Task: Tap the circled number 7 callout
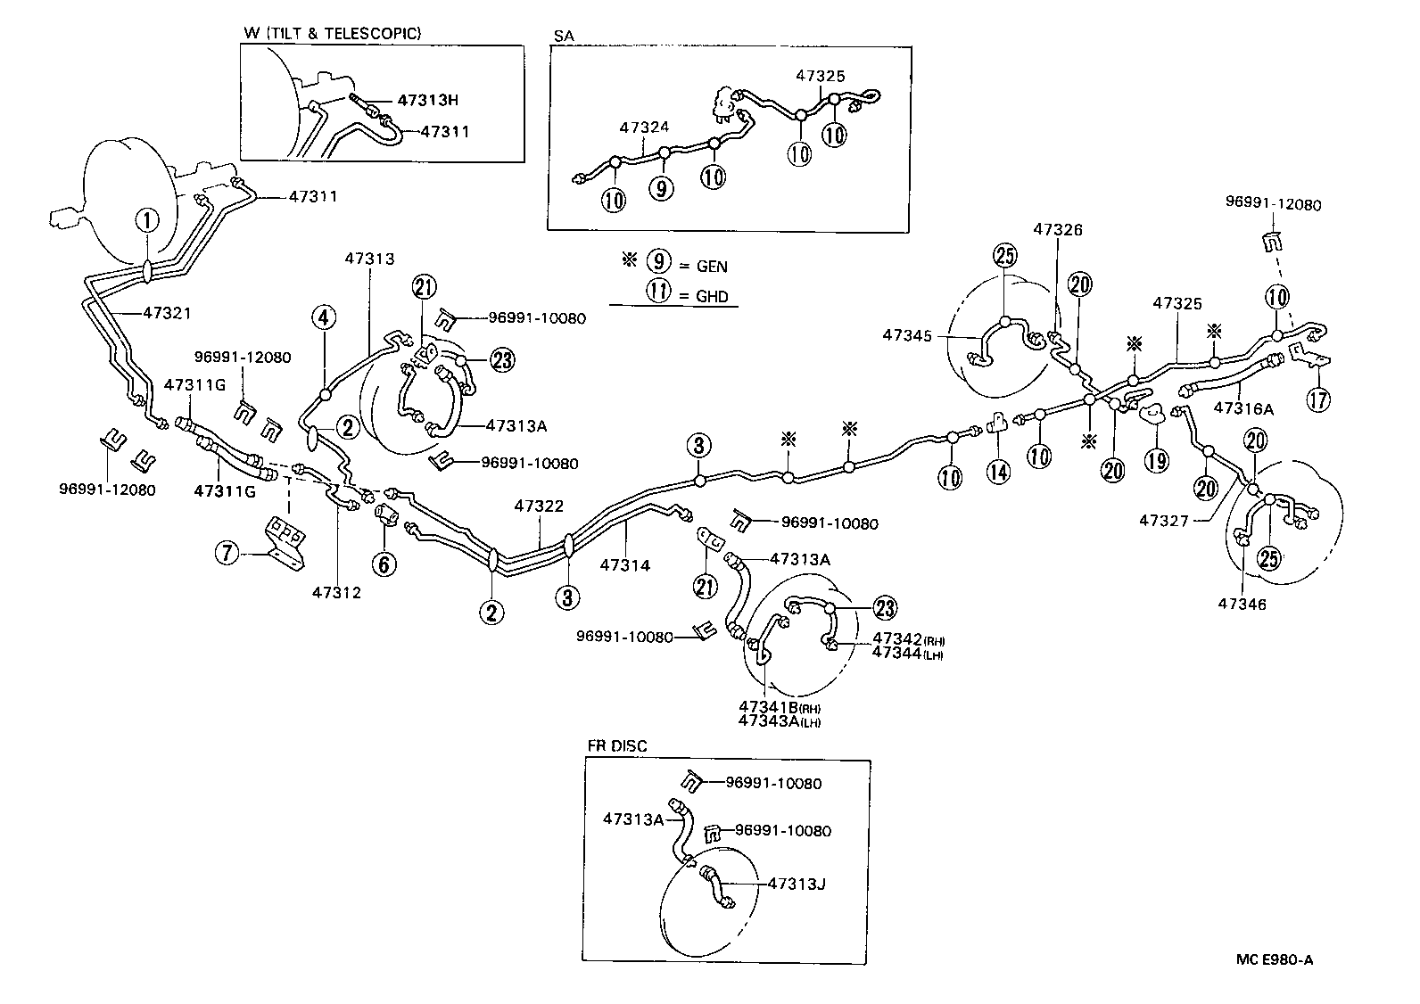point(227,554)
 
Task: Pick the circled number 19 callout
point(1158,461)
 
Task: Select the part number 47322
point(539,506)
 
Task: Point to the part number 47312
point(337,591)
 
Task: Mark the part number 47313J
point(797,884)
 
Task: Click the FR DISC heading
point(617,745)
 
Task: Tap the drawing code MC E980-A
point(1275,959)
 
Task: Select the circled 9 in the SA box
point(662,188)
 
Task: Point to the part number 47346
point(1242,604)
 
